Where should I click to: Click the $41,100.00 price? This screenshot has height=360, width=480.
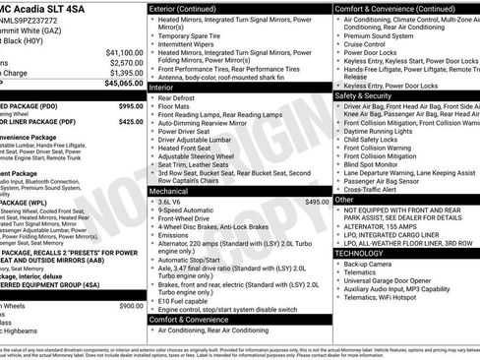tap(124, 51)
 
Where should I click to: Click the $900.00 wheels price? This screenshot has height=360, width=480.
tap(131, 306)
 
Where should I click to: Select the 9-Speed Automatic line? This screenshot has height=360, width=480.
tap(191, 210)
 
